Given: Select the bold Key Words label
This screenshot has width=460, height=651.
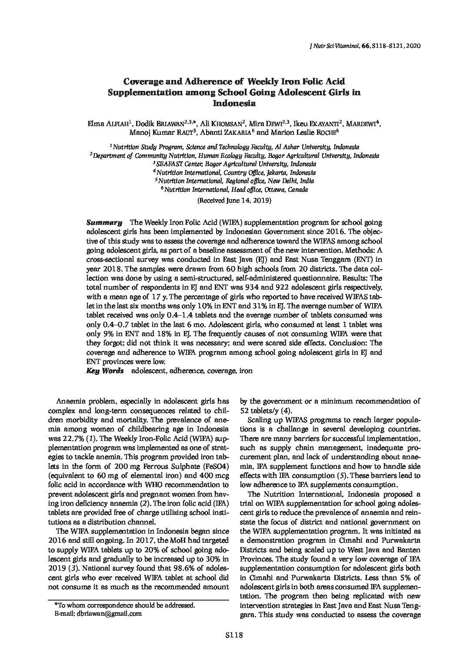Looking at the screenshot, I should pos(105,371).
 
